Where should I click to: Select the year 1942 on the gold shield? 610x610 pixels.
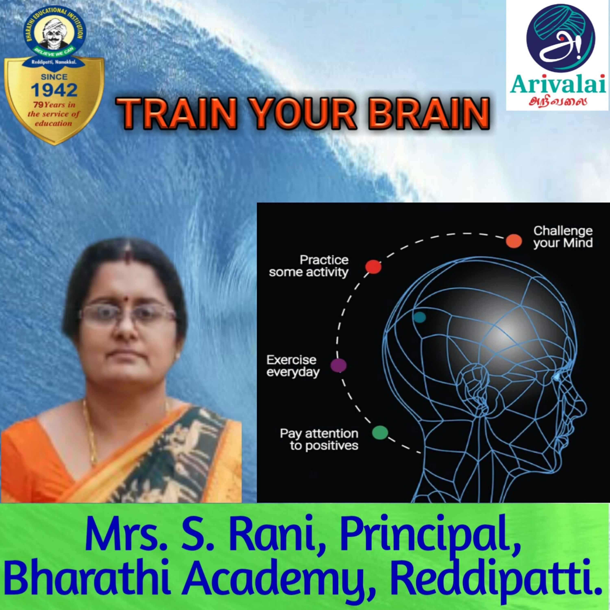coord(54,90)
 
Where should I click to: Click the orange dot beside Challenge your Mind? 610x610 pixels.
coord(514,241)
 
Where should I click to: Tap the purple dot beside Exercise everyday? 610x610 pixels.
coord(339,366)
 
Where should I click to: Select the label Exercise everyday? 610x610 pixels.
coord(293,366)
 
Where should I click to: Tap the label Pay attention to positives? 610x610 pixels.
coord(319,439)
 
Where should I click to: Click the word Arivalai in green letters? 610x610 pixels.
coord(558,84)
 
